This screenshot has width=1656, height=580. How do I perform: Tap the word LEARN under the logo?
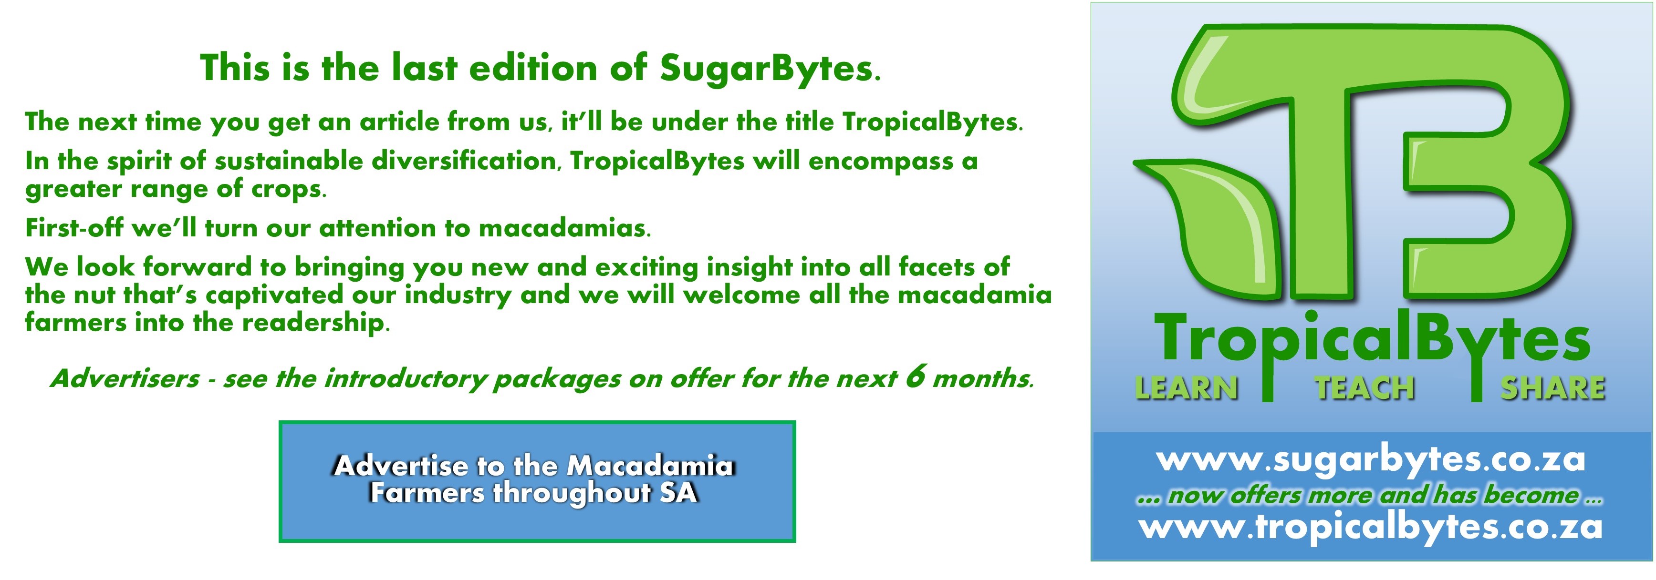1187,388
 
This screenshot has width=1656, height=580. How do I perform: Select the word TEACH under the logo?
1364,388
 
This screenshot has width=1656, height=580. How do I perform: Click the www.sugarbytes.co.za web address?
1371,460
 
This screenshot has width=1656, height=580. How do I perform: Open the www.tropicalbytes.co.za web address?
1371,528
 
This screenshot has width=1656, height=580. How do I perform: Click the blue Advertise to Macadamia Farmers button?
537,481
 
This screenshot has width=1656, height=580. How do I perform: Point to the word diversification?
464,161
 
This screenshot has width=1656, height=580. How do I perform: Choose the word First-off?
74,228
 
